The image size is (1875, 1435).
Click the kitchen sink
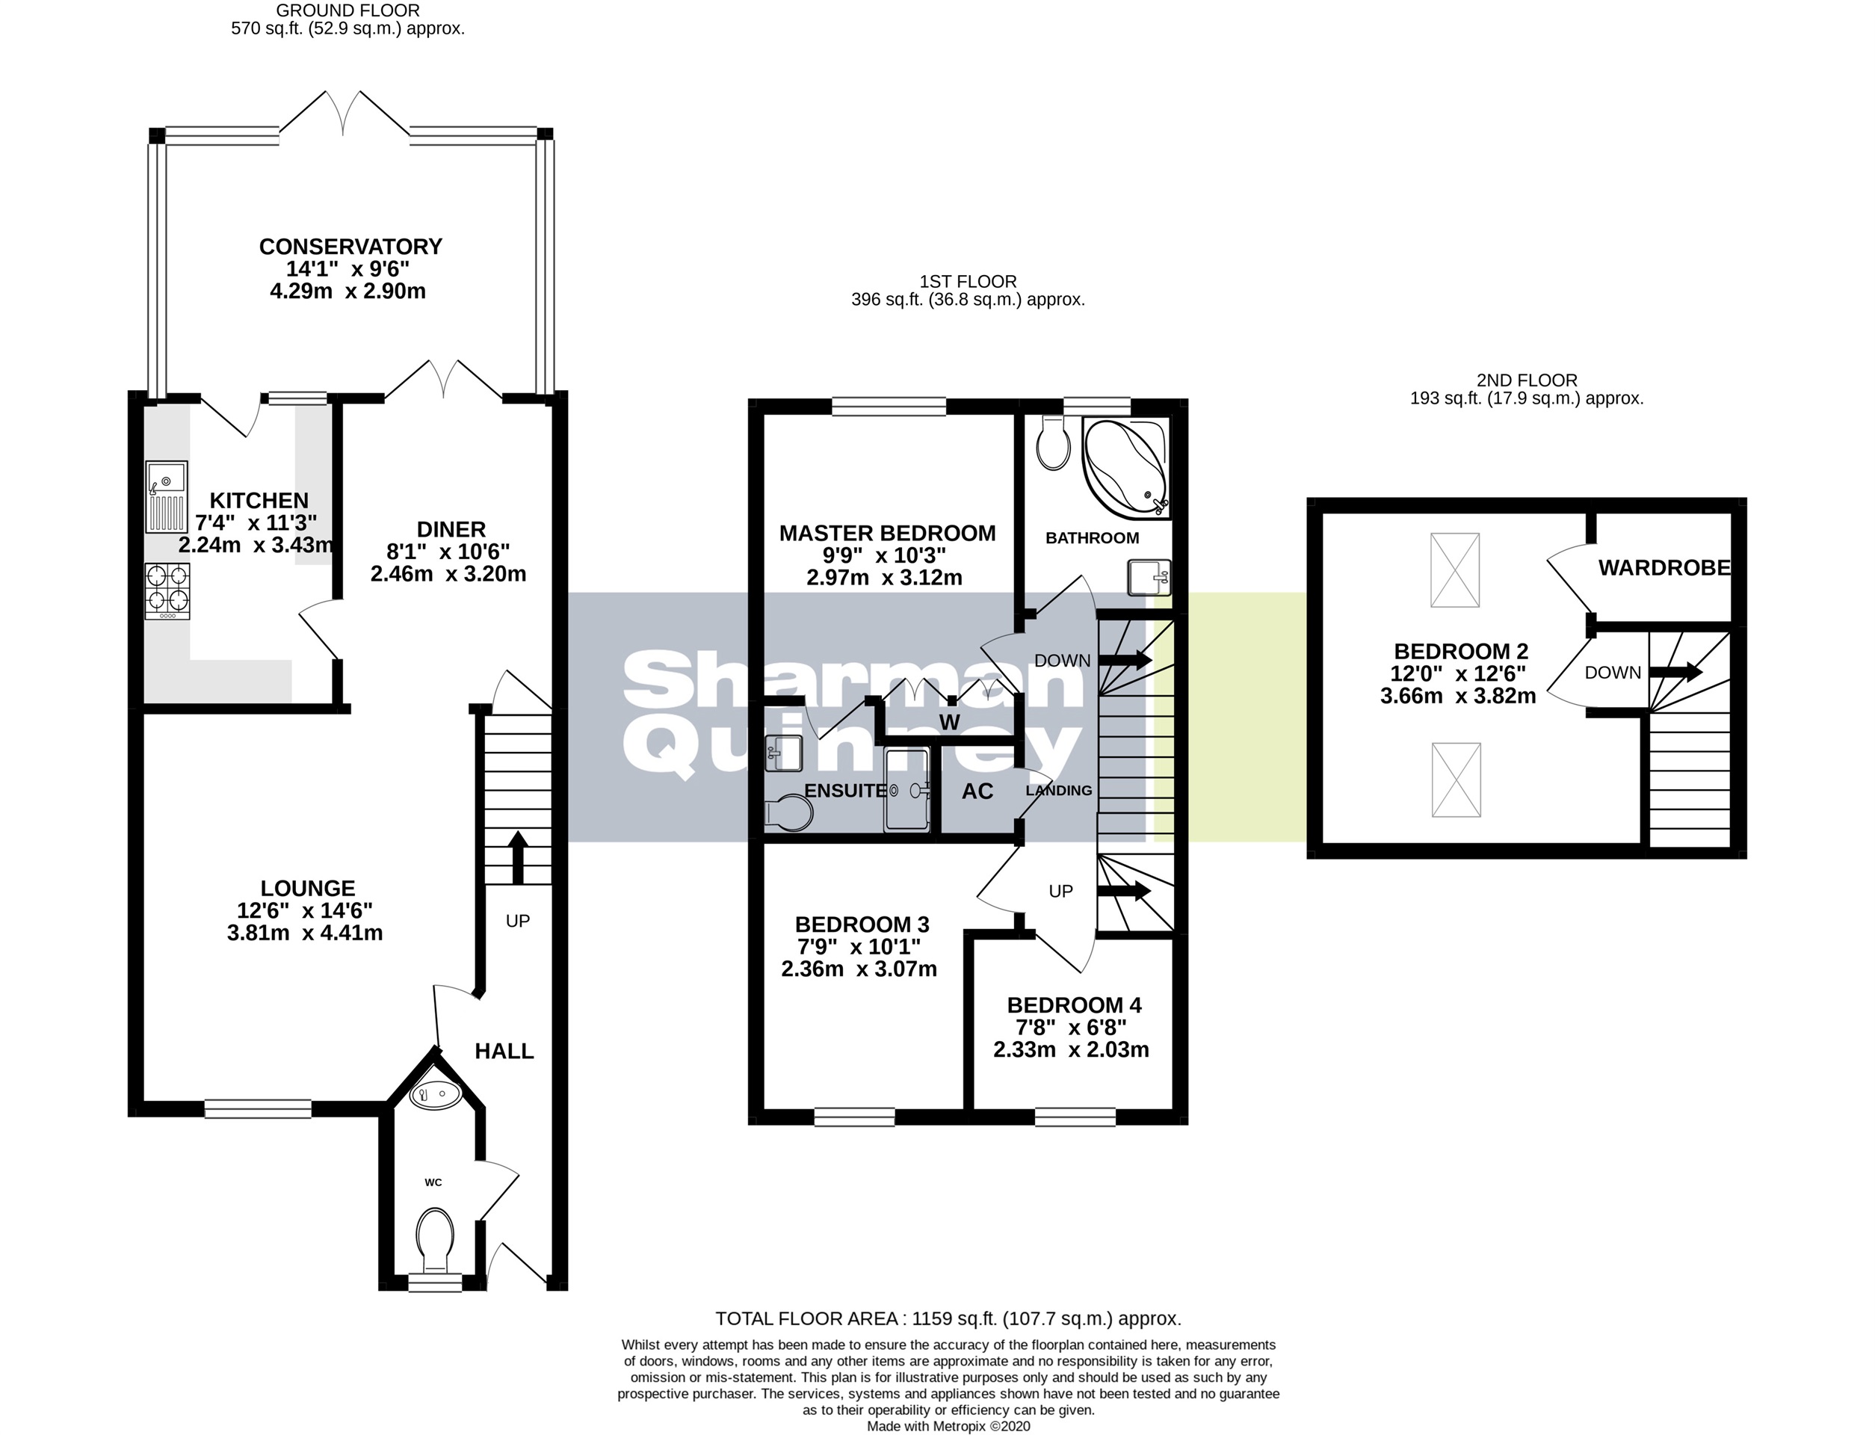pyautogui.click(x=166, y=496)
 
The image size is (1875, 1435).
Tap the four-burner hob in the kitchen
pyautogui.click(x=167, y=590)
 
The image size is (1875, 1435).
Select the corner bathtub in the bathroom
pyautogui.click(x=1125, y=467)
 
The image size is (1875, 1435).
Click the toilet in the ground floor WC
pyautogui.click(x=436, y=1240)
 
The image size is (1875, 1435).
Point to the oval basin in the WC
pyautogui.click(x=435, y=1093)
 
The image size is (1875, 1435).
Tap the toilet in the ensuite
pyautogui.click(x=786, y=812)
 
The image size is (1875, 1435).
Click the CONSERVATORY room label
pyautogui.click(x=350, y=247)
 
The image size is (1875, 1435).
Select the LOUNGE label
pyautogui.click(x=307, y=889)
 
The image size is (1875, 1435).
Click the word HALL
pyautogui.click(x=504, y=1052)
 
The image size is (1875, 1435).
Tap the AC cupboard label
pyautogui.click(x=977, y=791)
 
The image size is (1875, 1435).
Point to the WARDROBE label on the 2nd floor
pyautogui.click(x=1664, y=568)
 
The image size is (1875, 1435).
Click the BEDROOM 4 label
pyautogui.click(x=1073, y=1005)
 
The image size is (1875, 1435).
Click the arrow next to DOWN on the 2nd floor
pyautogui.click(x=1675, y=672)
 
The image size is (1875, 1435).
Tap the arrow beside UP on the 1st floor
pyautogui.click(x=1125, y=891)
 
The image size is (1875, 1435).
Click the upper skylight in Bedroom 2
pyautogui.click(x=1455, y=570)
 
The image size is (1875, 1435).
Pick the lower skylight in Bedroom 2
pyautogui.click(x=1456, y=780)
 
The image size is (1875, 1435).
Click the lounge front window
pyautogui.click(x=257, y=1110)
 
